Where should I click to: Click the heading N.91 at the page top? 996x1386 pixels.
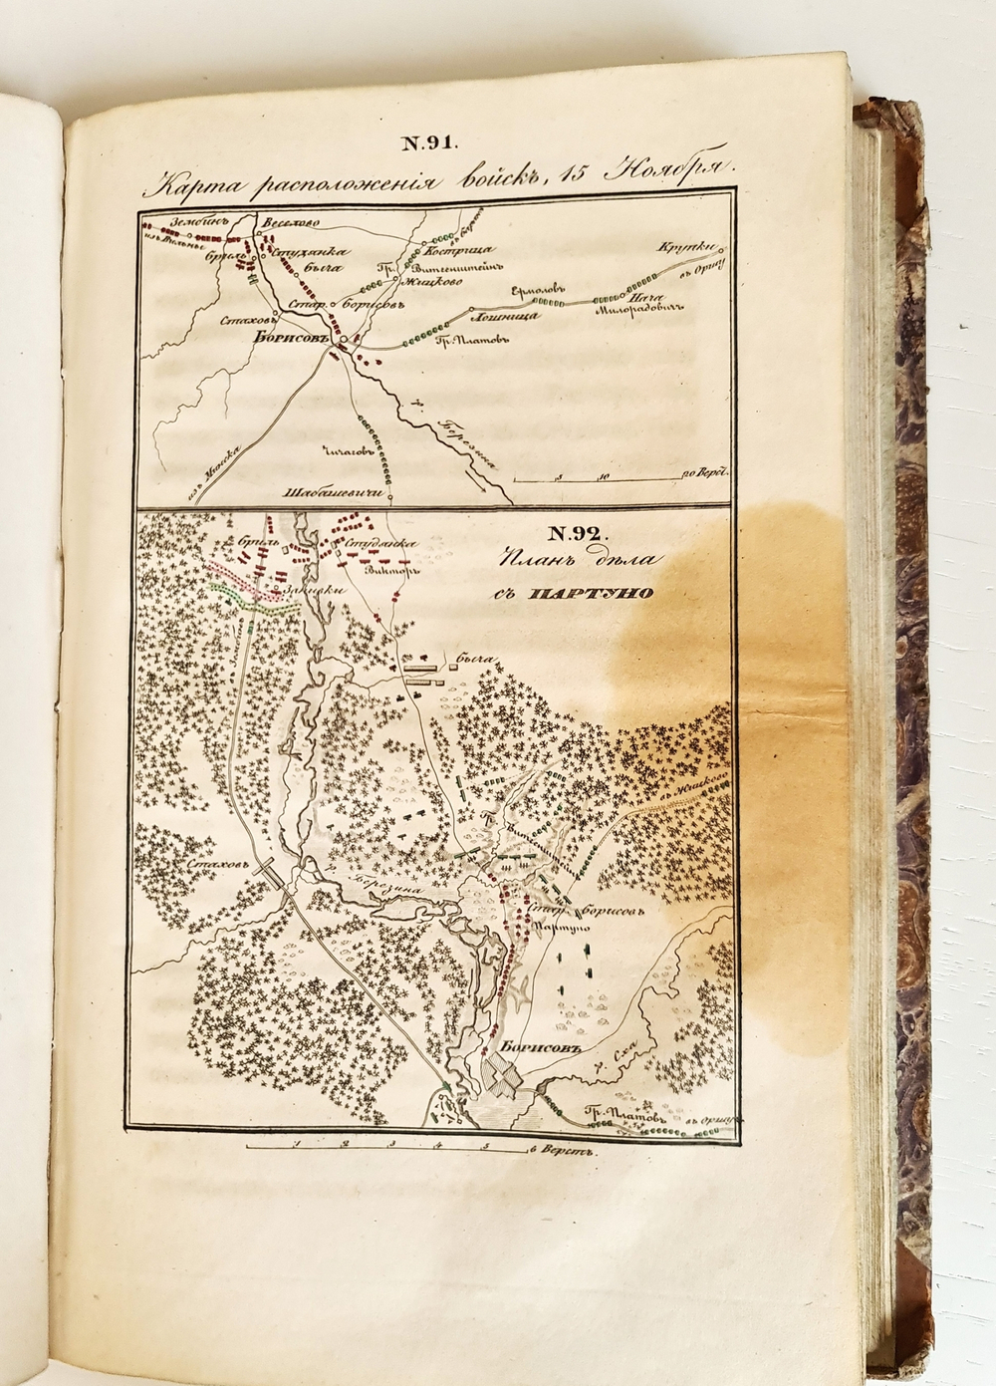click(x=429, y=142)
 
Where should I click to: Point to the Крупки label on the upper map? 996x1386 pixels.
click(x=686, y=248)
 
